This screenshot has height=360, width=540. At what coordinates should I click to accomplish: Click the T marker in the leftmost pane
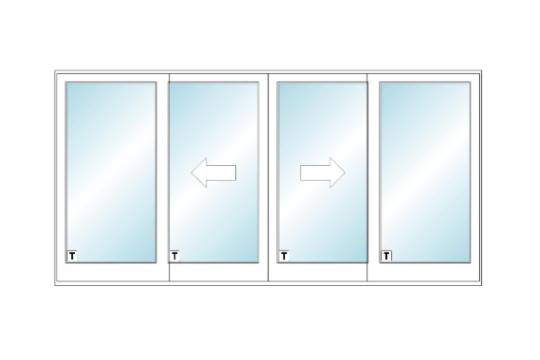point(72,256)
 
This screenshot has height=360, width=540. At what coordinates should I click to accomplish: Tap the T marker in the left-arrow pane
point(174,256)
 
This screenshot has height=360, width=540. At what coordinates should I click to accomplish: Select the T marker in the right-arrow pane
point(284,256)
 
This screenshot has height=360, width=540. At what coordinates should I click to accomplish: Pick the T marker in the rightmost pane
point(386,256)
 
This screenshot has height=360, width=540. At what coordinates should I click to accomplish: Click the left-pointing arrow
point(214,172)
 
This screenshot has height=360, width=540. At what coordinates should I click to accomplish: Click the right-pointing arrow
point(322,172)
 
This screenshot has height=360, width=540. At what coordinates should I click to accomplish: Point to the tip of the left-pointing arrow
point(191,172)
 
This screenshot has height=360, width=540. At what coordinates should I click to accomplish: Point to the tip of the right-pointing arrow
point(345,172)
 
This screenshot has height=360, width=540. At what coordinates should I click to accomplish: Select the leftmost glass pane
point(111,172)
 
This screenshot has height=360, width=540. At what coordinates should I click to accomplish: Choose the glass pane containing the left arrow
point(214,172)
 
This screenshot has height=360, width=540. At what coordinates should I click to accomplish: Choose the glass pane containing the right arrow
point(322,172)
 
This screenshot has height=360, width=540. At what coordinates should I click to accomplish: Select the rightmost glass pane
point(425,172)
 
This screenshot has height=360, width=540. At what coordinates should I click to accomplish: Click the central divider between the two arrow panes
point(268,177)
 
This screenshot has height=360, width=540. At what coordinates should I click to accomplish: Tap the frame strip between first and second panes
point(162,177)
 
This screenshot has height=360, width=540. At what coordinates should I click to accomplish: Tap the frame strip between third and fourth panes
point(374,177)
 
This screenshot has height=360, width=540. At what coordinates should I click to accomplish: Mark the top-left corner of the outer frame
point(54,70)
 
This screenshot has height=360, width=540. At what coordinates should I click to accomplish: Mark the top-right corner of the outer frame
point(482,70)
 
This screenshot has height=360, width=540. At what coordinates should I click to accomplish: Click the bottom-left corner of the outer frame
point(54,286)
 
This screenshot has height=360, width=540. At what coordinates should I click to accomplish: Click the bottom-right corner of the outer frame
point(482,286)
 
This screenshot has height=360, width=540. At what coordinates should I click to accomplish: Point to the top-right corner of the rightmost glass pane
point(470,82)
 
